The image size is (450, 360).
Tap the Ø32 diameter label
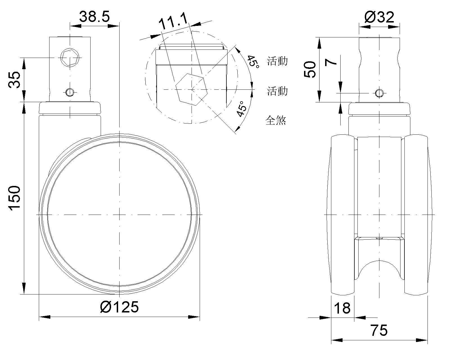pyautogui.click(x=379, y=17)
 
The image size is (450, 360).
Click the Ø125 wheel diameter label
pyautogui.click(x=119, y=307)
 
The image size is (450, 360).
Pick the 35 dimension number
pyautogui.click(x=14, y=80)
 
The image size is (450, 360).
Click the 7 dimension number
pyautogui.click(x=330, y=62)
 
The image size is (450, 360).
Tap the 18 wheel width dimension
pyautogui.click(x=342, y=308)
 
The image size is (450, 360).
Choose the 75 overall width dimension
pyautogui.click(x=379, y=330)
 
